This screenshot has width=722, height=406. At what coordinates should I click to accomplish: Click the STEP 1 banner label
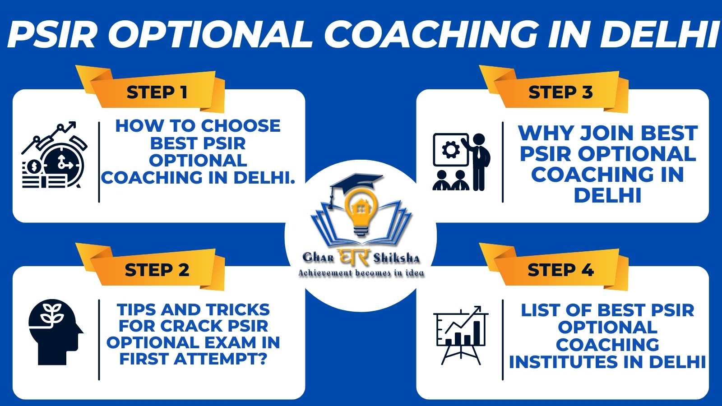(157, 92)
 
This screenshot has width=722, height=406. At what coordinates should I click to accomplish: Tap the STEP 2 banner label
(157, 270)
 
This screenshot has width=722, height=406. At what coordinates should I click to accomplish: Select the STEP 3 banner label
(560, 92)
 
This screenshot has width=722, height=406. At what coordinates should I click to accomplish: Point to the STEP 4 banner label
(560, 270)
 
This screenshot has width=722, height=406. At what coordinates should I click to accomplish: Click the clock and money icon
(54, 155)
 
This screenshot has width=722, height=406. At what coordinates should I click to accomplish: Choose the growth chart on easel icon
(461, 335)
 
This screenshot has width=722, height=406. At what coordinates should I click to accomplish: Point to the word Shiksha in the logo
(397, 258)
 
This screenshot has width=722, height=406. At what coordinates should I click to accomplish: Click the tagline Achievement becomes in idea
(361, 273)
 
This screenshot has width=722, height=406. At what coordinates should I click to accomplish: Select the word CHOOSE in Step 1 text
(241, 126)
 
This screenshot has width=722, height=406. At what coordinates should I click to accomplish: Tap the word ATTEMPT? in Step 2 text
(221, 359)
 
